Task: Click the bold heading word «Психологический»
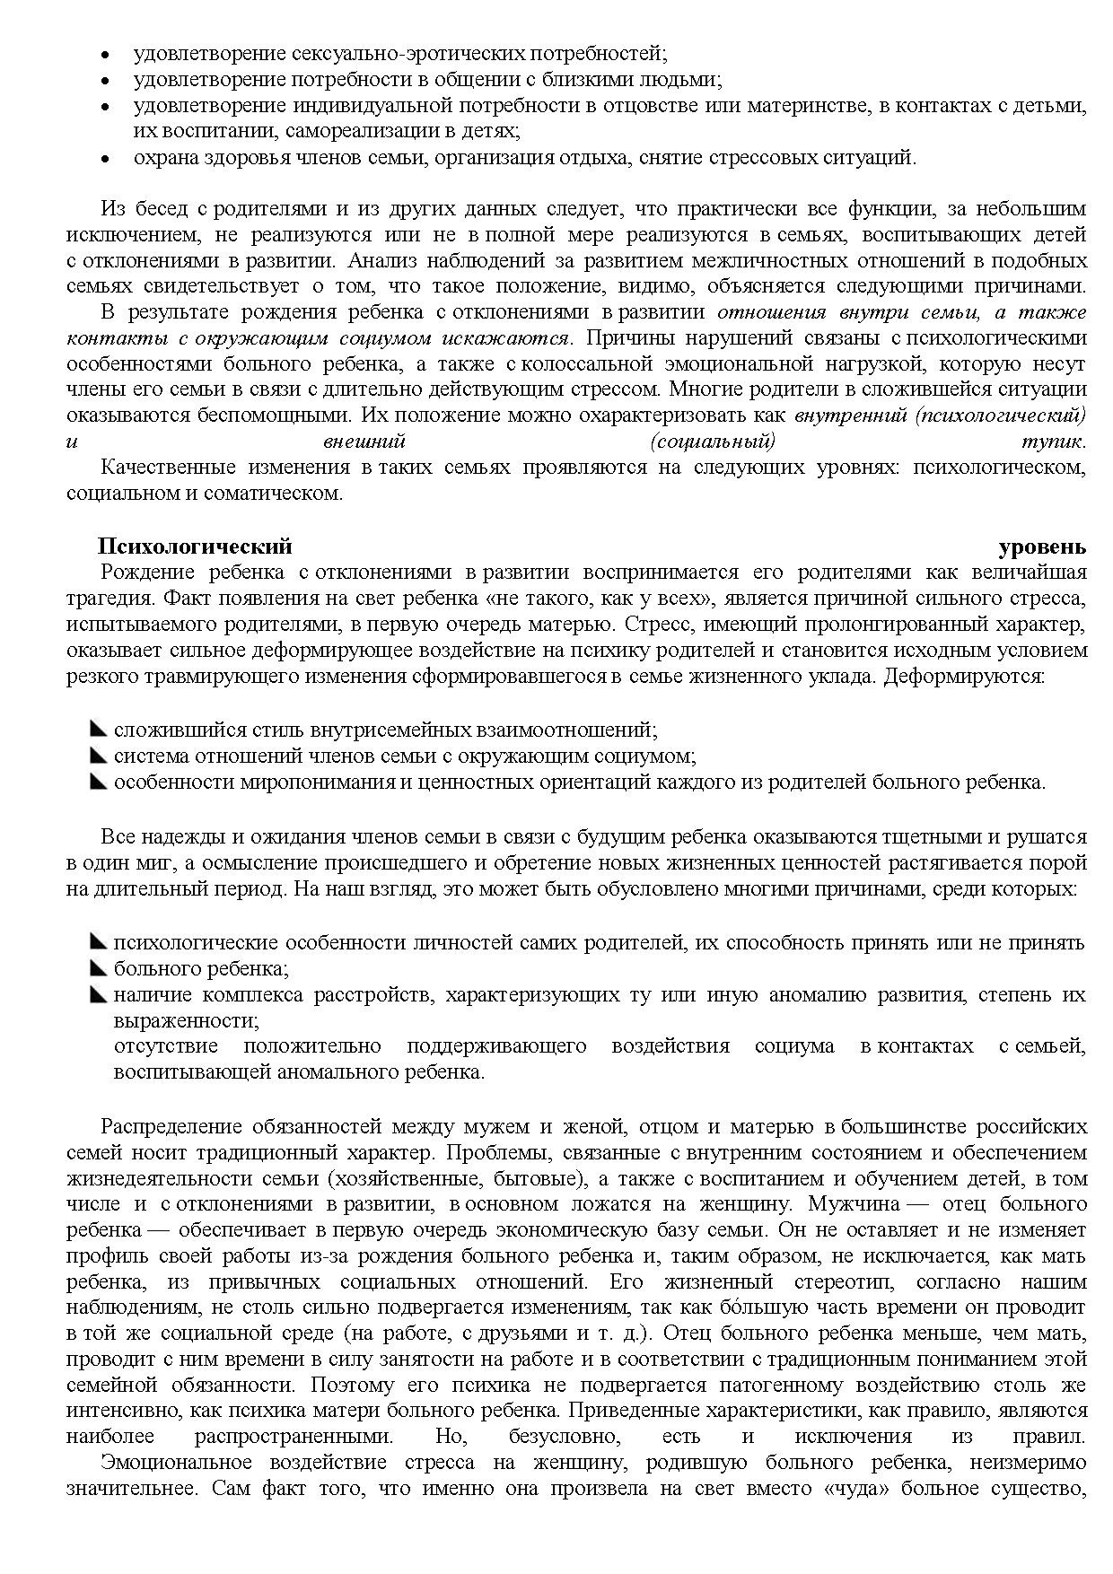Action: [x=195, y=547]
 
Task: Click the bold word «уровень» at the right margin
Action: [x=1042, y=547]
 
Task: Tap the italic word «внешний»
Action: [x=364, y=442]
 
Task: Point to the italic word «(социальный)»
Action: [x=711, y=442]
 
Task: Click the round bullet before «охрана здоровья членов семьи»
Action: [x=105, y=159]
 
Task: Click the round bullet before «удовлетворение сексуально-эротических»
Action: [x=105, y=55]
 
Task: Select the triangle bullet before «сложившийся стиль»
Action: [x=99, y=730]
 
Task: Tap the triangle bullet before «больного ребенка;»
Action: [x=99, y=968]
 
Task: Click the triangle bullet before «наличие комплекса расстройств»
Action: [x=99, y=994]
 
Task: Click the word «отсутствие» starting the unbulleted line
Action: [x=165, y=1046]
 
